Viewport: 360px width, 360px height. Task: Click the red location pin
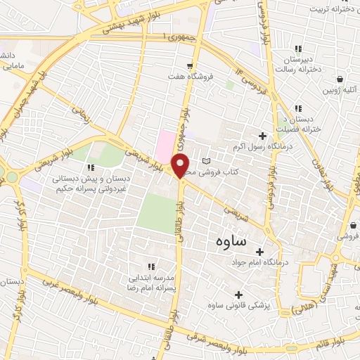tap(181, 166)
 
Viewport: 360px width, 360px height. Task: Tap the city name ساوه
tap(229, 243)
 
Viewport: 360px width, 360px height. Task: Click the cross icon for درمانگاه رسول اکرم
tap(263, 136)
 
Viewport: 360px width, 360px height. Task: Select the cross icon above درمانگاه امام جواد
tap(259, 252)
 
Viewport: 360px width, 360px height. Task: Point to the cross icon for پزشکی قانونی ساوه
tap(238, 295)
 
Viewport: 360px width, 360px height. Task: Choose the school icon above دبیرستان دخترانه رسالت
tap(298, 49)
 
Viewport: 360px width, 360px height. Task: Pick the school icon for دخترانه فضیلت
tap(298, 108)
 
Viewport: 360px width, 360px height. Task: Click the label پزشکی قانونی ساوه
tap(239, 307)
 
